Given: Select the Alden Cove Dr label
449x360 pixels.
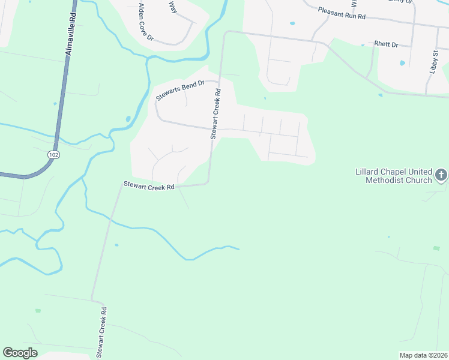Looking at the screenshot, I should click(x=146, y=22).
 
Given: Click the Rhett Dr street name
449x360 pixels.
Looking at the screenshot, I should click(x=386, y=44).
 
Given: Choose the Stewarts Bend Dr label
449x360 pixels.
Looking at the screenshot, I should click(x=181, y=90).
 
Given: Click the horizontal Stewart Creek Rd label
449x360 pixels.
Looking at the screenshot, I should click(x=149, y=185).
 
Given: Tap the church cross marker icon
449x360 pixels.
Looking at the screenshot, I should click(x=441, y=175).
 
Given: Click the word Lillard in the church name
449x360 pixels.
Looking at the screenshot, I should click(x=367, y=172).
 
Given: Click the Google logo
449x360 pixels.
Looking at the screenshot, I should click(x=20, y=353).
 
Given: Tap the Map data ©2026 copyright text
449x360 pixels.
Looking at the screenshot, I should click(x=423, y=355).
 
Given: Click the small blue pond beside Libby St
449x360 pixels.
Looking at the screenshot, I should click(x=402, y=62).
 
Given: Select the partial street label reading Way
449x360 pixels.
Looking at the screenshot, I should click(x=172, y=6).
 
